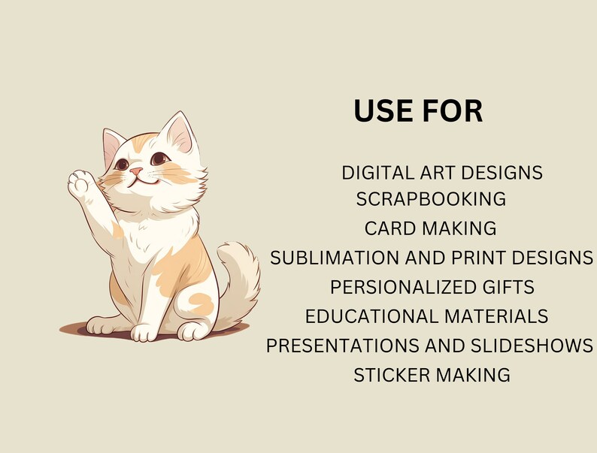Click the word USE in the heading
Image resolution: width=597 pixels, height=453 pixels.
(384, 110)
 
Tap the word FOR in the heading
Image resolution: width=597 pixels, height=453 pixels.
(452, 110)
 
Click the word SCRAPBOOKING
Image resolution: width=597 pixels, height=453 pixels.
(431, 199)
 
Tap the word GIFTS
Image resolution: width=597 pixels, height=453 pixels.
(508, 287)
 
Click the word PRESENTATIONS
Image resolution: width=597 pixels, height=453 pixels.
(341, 346)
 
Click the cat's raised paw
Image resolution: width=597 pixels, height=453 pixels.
(80, 183)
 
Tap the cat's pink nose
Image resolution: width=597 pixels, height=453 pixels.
(135, 172)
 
